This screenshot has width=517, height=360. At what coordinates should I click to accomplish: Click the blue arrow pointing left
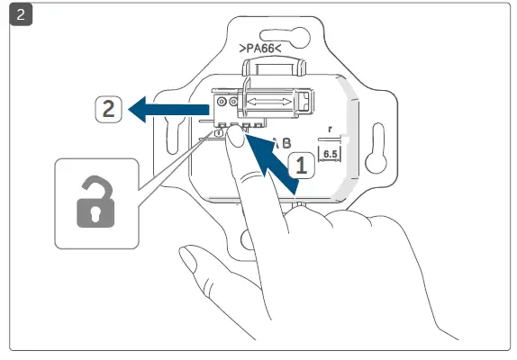coord(167,110)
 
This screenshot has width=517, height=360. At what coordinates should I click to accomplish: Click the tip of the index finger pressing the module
coord(235,137)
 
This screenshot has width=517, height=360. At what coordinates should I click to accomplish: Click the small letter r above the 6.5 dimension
coord(331,130)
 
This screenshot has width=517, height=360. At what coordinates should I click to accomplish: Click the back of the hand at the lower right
coord(378,270)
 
